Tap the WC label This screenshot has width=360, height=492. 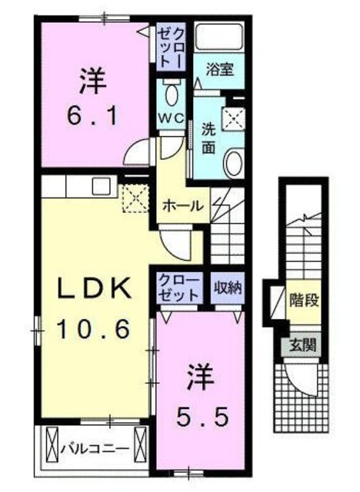coord(170,118)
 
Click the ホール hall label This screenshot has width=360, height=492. coord(183,206)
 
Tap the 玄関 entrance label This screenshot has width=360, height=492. coord(302,345)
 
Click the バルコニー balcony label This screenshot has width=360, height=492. coord(94,445)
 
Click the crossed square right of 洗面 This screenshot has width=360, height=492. coord(232,118)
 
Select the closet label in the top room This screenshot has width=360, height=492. coord(171,47)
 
